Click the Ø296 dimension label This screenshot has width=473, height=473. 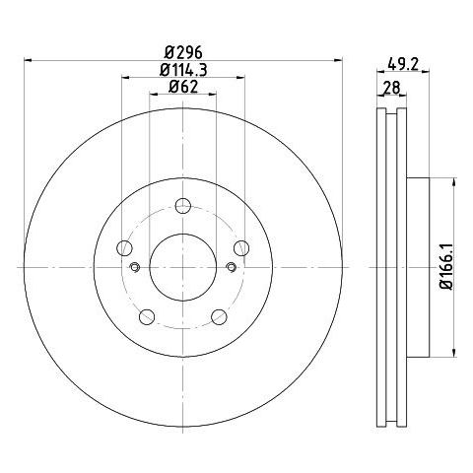coord(183,52)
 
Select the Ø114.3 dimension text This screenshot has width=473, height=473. coord(183,70)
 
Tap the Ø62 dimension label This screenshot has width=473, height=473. coord(183,87)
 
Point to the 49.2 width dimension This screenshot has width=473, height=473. coord(403,64)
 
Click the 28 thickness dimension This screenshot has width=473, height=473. coord(392,88)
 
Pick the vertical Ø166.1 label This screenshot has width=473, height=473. coord(446,267)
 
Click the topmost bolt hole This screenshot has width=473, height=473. coord(183,206)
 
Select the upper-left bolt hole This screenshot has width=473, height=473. coord(124,248)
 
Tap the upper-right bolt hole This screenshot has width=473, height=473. coord(241,248)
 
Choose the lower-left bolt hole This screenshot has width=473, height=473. coord(147,316)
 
